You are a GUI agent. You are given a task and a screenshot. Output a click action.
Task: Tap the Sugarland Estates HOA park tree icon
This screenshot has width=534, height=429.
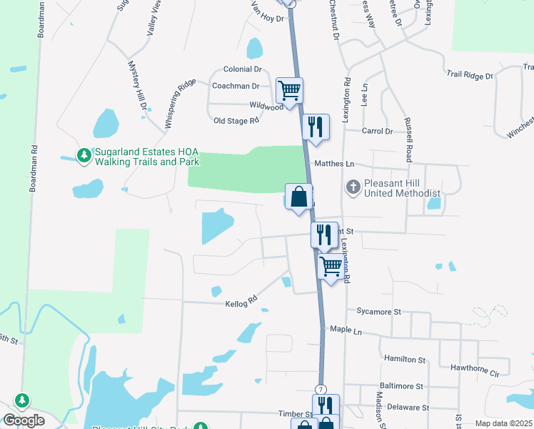point(84,155)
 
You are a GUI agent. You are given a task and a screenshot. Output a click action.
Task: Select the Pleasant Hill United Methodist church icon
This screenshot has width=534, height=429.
point(353,187)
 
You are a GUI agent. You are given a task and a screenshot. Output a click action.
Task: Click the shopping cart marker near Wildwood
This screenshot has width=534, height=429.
point(289,91)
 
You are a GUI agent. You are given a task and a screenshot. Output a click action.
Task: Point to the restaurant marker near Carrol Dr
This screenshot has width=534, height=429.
point(315,127)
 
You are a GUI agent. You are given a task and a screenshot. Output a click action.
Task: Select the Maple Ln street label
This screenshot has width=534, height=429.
point(346,330)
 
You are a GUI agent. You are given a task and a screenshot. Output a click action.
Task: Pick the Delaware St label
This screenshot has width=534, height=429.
point(408,407)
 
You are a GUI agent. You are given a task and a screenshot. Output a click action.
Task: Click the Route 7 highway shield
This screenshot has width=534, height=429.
point(321,388)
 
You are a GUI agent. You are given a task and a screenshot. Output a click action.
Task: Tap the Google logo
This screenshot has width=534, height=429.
point(24,420)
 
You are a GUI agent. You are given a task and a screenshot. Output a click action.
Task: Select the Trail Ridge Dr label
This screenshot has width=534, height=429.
point(470,75)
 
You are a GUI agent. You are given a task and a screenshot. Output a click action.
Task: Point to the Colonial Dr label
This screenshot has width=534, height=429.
point(242,69)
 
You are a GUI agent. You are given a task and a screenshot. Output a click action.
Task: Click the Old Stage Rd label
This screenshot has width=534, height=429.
point(236,121)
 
